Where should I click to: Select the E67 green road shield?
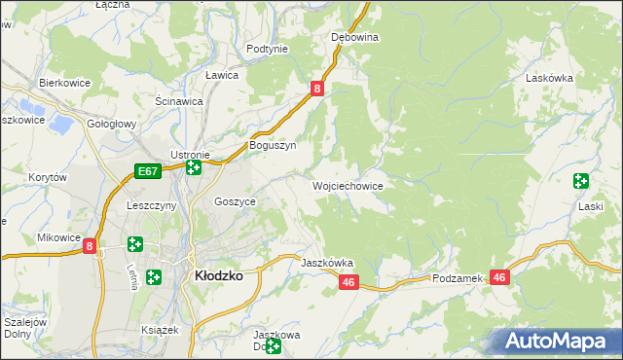click(x=147, y=171)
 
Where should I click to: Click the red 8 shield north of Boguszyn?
click(x=317, y=89)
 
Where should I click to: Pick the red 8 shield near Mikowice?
click(x=90, y=247)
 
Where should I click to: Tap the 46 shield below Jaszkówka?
click(x=350, y=282)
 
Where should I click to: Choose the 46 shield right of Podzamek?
click(x=499, y=277)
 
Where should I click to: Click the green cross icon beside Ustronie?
click(x=194, y=167)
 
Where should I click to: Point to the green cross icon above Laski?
click(x=581, y=180)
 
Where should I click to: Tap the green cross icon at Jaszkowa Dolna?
click(x=274, y=345)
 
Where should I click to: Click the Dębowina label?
click(x=354, y=37)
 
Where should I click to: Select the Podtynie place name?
click(x=267, y=49)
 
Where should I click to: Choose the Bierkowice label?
click(x=64, y=83)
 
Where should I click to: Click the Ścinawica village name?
click(x=178, y=100)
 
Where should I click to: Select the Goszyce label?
click(x=235, y=201)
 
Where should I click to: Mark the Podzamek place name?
click(x=458, y=278)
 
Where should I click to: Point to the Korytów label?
click(x=47, y=177)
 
